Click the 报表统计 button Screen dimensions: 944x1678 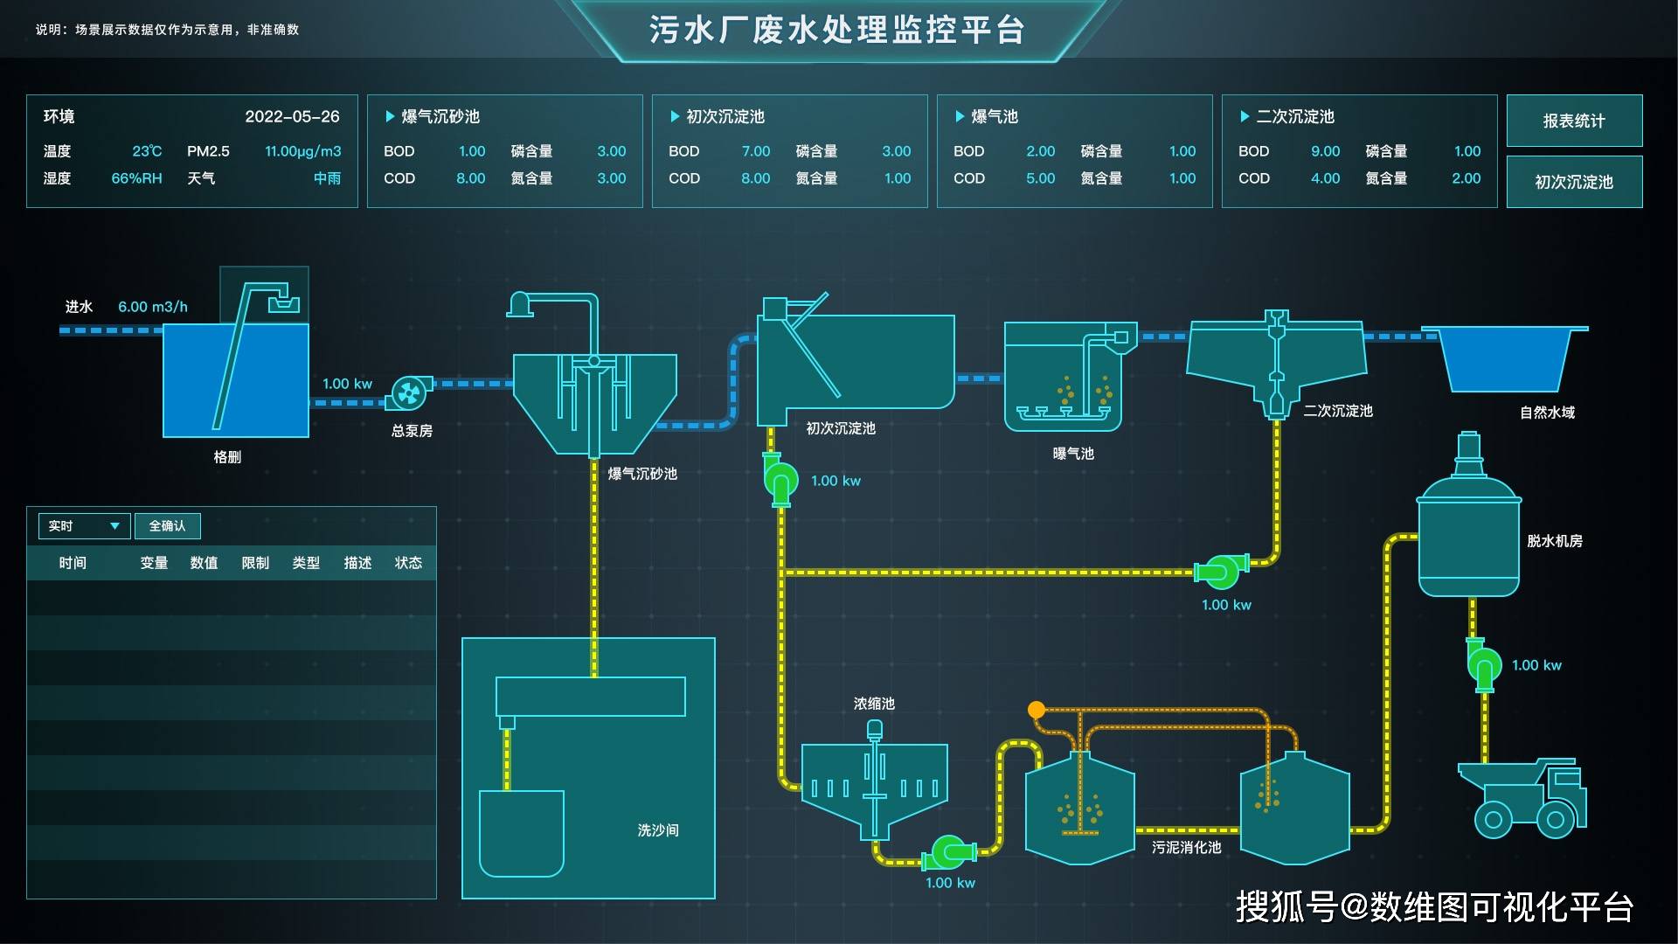[1574, 121]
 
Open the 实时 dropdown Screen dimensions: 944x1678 [84, 525]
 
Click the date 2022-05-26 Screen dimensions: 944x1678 [292, 116]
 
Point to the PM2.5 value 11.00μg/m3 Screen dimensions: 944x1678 [302, 151]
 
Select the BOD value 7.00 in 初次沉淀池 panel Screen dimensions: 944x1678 [755, 151]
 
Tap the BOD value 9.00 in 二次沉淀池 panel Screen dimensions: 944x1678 [1325, 151]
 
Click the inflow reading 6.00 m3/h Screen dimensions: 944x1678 [153, 307]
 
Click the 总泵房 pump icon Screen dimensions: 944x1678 [408, 393]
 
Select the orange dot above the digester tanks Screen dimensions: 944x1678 [1037, 710]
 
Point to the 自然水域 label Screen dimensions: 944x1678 [1547, 413]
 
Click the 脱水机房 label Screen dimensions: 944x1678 [1554, 541]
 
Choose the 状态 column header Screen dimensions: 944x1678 [408, 563]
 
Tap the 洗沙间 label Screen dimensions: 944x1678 [658, 829]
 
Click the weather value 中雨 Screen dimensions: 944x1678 [328, 178]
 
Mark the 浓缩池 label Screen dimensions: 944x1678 [874, 704]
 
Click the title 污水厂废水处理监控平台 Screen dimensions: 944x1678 [836, 30]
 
